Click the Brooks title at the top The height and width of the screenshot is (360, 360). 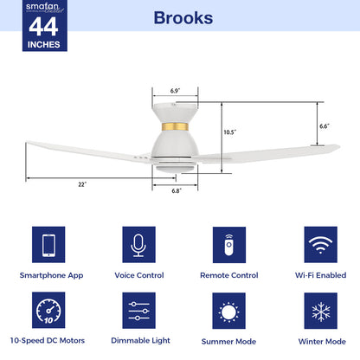tap(183, 18)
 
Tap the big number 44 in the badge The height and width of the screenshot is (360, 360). tap(43, 27)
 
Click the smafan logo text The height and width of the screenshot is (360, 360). tap(42, 6)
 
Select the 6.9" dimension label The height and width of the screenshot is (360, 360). tap(175, 91)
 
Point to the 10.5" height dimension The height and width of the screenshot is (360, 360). tap(230, 132)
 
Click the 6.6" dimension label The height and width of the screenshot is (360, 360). tap(325, 126)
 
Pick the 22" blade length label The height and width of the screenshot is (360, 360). tap(82, 184)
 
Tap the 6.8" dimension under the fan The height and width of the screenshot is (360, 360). tap(177, 190)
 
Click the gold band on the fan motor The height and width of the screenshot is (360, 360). tap(175, 126)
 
